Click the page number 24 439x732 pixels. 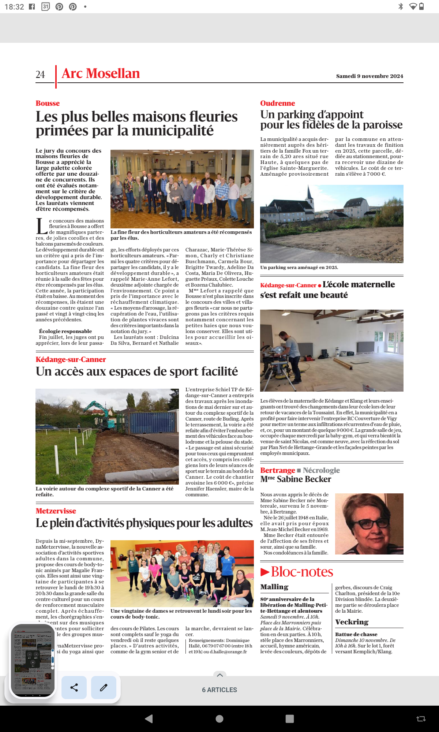click(40, 75)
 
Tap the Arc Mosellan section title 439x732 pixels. click(101, 74)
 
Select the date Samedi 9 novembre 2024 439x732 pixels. click(369, 76)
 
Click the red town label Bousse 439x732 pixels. click(48, 103)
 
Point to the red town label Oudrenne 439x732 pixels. click(277, 103)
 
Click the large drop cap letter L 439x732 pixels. click(41, 226)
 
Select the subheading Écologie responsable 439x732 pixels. click(65, 331)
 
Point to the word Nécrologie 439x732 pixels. click(321, 470)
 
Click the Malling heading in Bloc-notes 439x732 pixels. click(274, 587)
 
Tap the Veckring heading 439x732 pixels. click(352, 622)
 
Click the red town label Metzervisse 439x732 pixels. click(56, 511)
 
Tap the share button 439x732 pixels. click(74, 687)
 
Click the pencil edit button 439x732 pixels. click(104, 687)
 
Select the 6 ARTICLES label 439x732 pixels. click(219, 690)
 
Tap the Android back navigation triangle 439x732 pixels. click(149, 719)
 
